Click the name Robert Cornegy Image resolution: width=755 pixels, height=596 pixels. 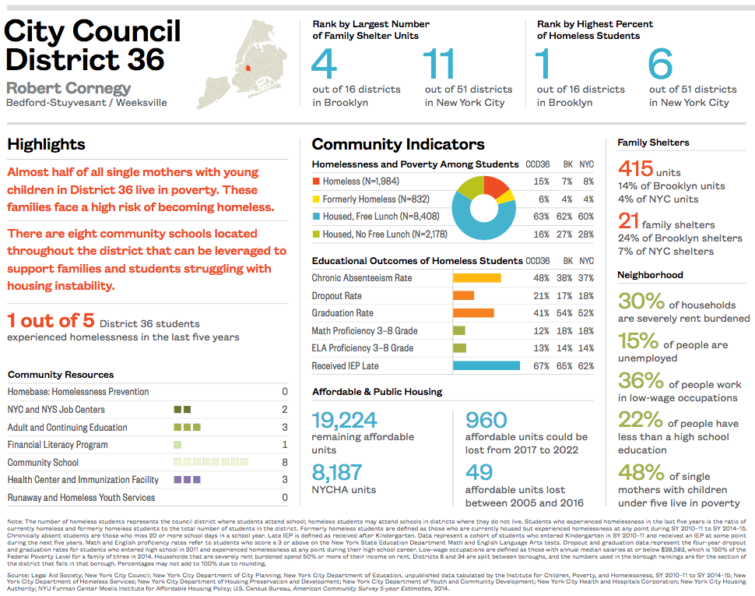(x=68, y=87)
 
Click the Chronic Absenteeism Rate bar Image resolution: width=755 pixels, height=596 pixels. (x=476, y=278)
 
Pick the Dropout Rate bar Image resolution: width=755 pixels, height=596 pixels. (x=463, y=296)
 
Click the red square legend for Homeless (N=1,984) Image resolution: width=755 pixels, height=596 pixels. (x=316, y=182)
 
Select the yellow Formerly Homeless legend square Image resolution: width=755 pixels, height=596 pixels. (x=316, y=199)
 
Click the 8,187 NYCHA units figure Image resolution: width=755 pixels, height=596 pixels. (x=337, y=473)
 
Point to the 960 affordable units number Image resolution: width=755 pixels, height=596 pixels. (x=486, y=421)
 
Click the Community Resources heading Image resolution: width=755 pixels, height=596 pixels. (x=60, y=375)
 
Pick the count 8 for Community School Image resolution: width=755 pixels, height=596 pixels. (x=284, y=463)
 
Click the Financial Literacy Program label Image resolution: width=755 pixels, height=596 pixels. (x=58, y=445)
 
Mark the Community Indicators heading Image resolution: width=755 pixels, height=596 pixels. (x=398, y=144)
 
